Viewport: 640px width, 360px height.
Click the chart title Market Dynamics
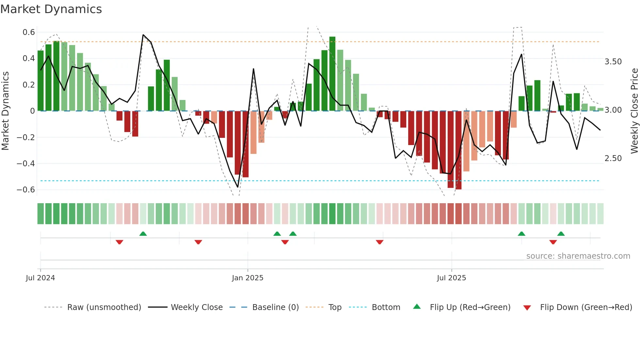click(51, 9)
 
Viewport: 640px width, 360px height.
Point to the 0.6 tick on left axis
click(29, 32)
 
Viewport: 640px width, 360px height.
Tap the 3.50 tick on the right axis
click(613, 62)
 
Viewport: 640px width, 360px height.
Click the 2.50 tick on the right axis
click(613, 158)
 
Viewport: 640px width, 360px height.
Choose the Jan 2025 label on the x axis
click(248, 278)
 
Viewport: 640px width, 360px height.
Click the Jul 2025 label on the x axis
click(451, 278)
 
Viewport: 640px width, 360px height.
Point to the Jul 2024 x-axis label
click(40, 278)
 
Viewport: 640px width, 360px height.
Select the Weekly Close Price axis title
click(634, 111)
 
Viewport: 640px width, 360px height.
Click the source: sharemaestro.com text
click(578, 256)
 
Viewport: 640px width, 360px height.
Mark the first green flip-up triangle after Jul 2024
click(143, 234)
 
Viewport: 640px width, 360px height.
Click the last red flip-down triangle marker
click(553, 242)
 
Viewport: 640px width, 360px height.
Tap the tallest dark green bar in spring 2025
click(332, 74)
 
